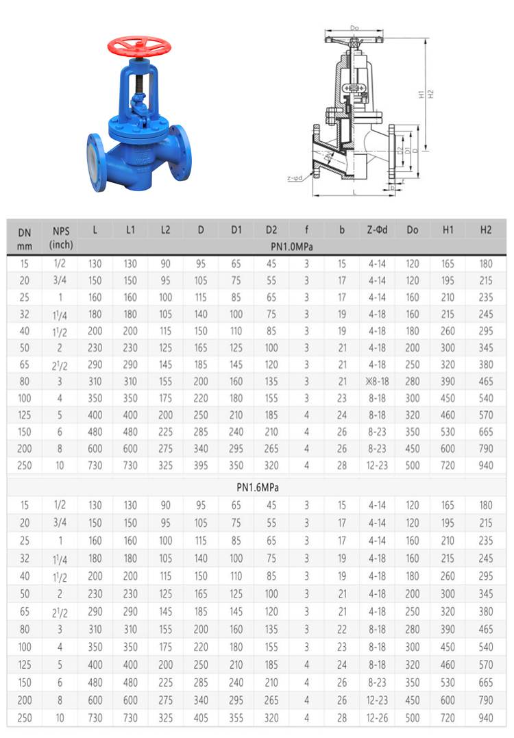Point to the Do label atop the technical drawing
pyautogui.click(x=354, y=28)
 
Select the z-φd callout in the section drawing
pyautogui.click(x=294, y=178)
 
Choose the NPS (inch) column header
pyautogui.click(x=61, y=237)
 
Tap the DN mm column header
pyautogui.click(x=24, y=237)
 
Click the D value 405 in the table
pyautogui.click(x=201, y=717)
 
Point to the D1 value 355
pyautogui.click(x=236, y=717)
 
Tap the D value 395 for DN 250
pyautogui.click(x=201, y=466)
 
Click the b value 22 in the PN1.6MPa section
pyautogui.click(x=342, y=628)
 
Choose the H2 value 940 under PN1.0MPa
pyautogui.click(x=486, y=466)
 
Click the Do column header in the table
pyautogui.click(x=413, y=230)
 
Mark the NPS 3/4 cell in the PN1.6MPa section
pyautogui.click(x=61, y=522)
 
